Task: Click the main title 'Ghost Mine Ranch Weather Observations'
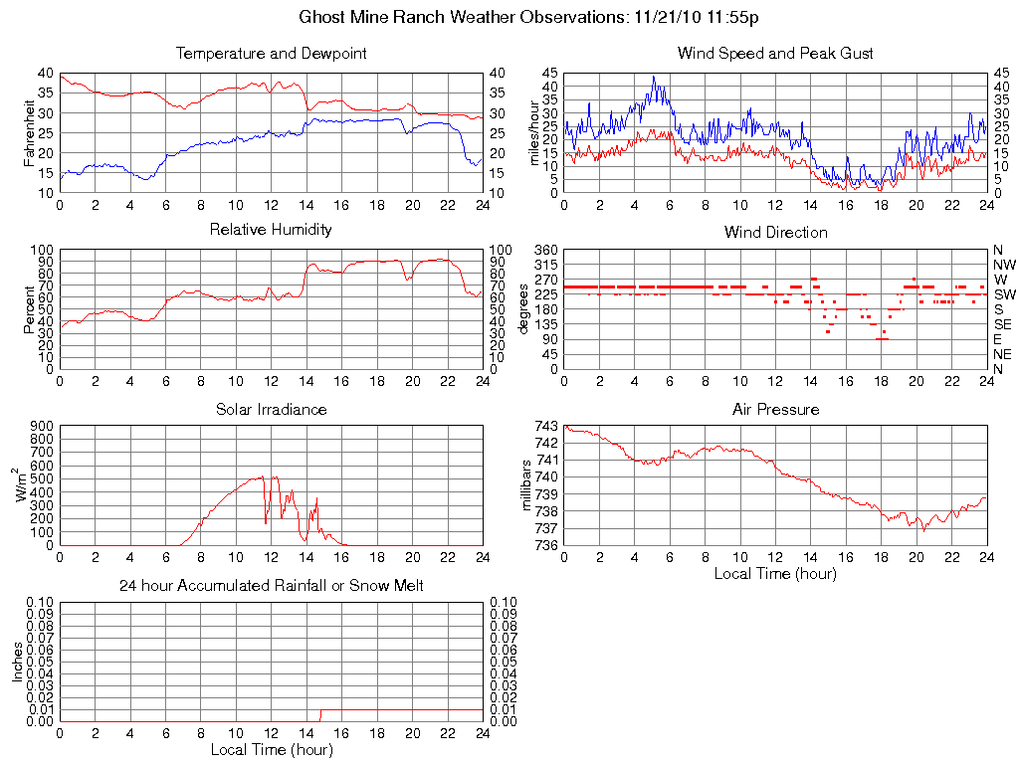pyautogui.click(x=462, y=17)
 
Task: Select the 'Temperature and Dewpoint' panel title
pyautogui.click(x=271, y=53)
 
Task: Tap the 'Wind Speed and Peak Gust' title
pyautogui.click(x=775, y=53)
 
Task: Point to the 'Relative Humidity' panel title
pyautogui.click(x=271, y=230)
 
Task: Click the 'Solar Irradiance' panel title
pyautogui.click(x=271, y=409)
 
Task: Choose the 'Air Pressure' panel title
pyautogui.click(x=775, y=409)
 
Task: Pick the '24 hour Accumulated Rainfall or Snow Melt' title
pyautogui.click(x=271, y=586)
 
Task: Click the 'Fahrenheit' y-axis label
pyautogui.click(x=30, y=132)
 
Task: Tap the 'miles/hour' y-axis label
pyautogui.click(x=533, y=132)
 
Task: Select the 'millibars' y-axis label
pyautogui.click(x=529, y=484)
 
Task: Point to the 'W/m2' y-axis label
pyautogui.click(x=24, y=484)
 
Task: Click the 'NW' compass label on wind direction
pyautogui.click(x=1004, y=265)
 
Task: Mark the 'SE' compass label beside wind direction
pyautogui.click(x=1003, y=324)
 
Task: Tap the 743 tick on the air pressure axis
pyautogui.click(x=545, y=426)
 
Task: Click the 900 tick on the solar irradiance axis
pyautogui.click(x=40, y=426)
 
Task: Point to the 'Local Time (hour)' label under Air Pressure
pyautogui.click(x=775, y=573)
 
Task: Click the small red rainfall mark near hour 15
pyautogui.click(x=320, y=714)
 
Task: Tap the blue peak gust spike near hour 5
pyautogui.click(x=654, y=78)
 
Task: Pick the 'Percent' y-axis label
pyautogui.click(x=30, y=309)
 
